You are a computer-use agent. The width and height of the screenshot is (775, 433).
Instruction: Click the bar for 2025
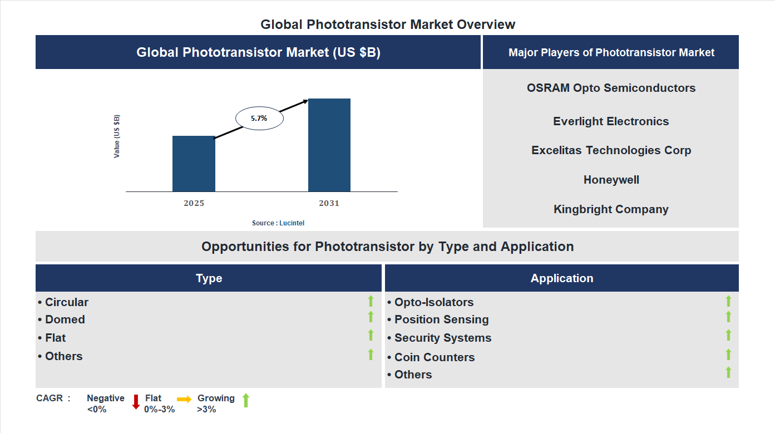pyautogui.click(x=194, y=164)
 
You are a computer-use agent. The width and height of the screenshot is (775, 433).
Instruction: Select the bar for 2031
pyautogui.click(x=329, y=145)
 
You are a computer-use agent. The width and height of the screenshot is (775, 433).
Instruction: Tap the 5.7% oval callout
pyautogui.click(x=259, y=119)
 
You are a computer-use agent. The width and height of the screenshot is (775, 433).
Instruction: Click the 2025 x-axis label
pyautogui.click(x=194, y=203)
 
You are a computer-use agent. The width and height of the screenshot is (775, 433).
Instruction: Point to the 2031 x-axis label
pyautogui.click(x=329, y=203)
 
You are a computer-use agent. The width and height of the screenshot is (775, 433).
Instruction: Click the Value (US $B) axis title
pyautogui.click(x=117, y=136)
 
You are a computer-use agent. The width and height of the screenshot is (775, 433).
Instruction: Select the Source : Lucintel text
pyautogui.click(x=278, y=223)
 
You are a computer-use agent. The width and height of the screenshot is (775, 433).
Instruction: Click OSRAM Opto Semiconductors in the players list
pyautogui.click(x=611, y=88)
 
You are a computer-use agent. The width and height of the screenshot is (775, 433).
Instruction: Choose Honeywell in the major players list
pyautogui.click(x=611, y=180)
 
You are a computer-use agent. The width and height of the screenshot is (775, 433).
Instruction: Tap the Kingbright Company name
pyautogui.click(x=611, y=209)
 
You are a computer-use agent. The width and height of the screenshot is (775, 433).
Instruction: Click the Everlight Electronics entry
pyautogui.click(x=611, y=121)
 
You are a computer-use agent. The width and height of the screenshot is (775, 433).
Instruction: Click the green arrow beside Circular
pyautogui.click(x=371, y=301)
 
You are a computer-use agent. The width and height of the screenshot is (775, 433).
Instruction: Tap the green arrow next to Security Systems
pyautogui.click(x=728, y=335)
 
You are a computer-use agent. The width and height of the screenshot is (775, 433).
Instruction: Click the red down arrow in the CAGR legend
pyautogui.click(x=135, y=402)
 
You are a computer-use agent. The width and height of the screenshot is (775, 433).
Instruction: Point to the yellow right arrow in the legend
pyautogui.click(x=184, y=399)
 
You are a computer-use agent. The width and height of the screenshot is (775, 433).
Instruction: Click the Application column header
pyautogui.click(x=561, y=278)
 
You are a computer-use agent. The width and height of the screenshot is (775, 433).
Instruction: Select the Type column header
pyautogui.click(x=209, y=278)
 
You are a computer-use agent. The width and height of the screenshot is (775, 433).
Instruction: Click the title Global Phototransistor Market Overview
pyautogui.click(x=388, y=24)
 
